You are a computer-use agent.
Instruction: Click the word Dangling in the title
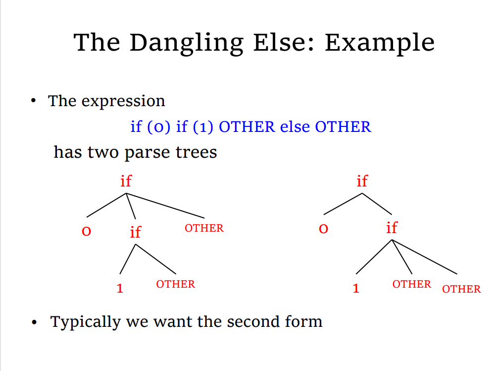point(187,44)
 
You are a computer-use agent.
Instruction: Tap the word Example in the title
point(380,44)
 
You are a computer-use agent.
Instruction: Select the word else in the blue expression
point(295,126)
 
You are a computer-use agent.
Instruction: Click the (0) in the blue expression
point(158,127)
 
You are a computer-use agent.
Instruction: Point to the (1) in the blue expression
point(203,127)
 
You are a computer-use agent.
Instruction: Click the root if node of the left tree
point(126,181)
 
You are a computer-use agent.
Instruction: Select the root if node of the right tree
point(362,181)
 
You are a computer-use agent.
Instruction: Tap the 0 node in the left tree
point(87,231)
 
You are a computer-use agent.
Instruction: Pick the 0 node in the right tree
point(323,229)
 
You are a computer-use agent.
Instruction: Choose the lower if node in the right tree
point(392,228)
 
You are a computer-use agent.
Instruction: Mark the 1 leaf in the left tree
point(120,288)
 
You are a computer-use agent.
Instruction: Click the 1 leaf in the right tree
point(356,288)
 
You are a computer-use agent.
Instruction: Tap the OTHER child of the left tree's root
point(204,228)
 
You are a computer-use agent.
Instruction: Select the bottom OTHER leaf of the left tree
point(176,284)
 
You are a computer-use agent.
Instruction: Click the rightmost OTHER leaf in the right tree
point(461,289)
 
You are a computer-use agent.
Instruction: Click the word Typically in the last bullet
point(86,322)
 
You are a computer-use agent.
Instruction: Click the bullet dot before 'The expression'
point(34,101)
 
